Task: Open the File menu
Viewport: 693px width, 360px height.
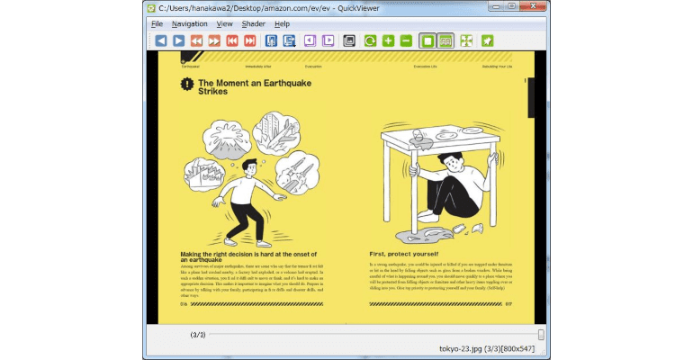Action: [157, 23]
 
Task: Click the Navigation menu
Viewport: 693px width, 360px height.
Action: [189, 23]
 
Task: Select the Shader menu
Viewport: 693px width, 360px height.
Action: [253, 23]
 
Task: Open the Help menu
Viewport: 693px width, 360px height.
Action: [282, 23]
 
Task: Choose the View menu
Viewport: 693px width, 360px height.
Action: [224, 23]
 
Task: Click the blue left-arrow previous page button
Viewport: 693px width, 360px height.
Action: [160, 40]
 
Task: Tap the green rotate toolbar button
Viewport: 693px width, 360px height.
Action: [370, 40]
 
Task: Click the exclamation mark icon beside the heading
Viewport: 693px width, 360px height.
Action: [186, 85]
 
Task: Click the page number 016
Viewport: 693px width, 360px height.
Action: [184, 304]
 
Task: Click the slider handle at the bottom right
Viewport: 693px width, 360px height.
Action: [541, 334]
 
